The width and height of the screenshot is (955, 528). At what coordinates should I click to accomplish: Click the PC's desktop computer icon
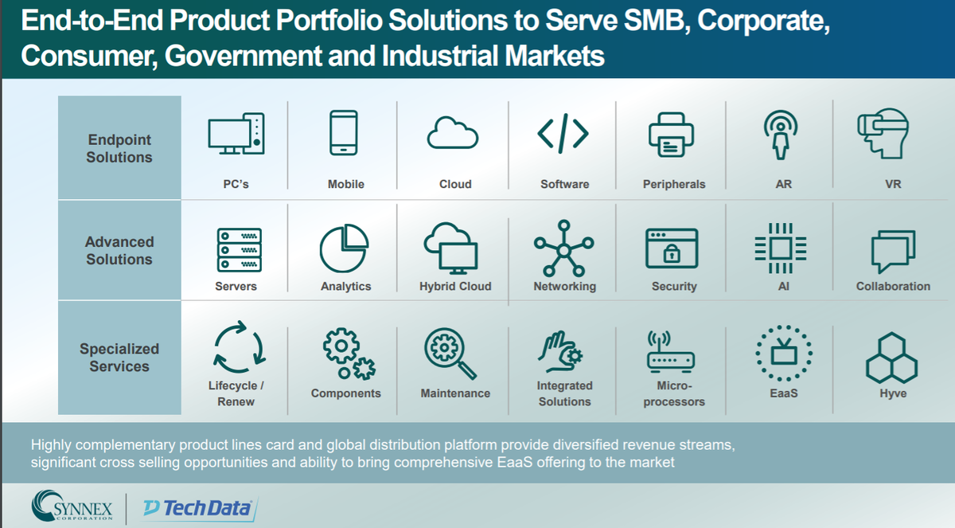(x=236, y=134)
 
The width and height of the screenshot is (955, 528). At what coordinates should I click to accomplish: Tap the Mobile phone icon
(x=344, y=133)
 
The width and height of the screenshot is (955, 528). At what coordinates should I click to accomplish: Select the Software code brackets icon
(x=563, y=134)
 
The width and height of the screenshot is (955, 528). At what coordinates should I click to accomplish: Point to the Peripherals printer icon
(x=672, y=135)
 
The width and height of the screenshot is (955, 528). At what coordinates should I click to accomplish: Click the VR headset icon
(x=883, y=134)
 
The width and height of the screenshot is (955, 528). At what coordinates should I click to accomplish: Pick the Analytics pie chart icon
(x=344, y=248)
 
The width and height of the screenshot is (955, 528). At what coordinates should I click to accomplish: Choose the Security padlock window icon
(x=672, y=248)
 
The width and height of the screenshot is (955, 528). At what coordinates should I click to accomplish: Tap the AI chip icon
(x=781, y=248)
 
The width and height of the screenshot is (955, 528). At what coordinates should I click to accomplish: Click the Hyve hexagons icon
(x=891, y=358)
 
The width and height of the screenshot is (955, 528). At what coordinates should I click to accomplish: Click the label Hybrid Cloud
(x=455, y=286)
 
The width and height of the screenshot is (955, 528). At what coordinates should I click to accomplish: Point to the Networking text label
(x=564, y=286)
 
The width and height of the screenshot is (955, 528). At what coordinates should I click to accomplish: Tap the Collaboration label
(x=893, y=286)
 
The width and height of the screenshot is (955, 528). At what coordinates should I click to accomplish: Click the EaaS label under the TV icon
(x=784, y=393)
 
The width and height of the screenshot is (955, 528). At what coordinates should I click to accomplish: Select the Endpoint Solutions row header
(x=119, y=148)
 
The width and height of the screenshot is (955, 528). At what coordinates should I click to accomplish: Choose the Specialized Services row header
(x=119, y=358)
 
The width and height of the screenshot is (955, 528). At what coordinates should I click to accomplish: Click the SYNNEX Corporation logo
(x=72, y=506)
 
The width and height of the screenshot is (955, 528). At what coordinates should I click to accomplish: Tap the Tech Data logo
(x=200, y=508)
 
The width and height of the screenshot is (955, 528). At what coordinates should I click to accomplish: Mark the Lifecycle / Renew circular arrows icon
(x=240, y=347)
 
